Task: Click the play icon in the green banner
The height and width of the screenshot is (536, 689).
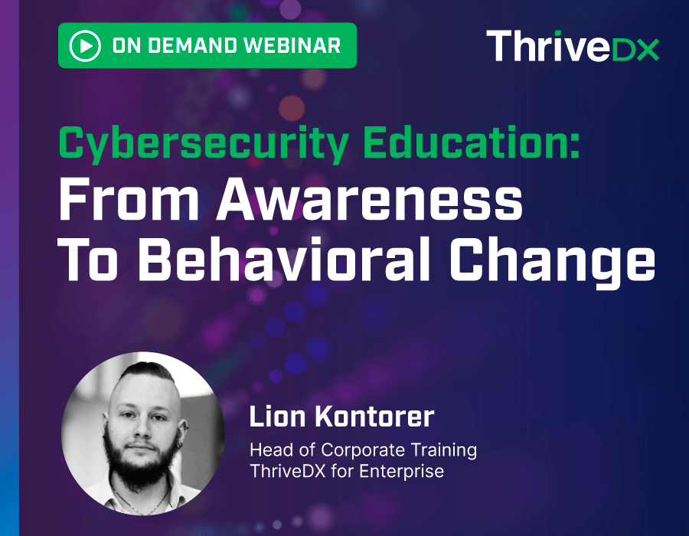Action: (85, 46)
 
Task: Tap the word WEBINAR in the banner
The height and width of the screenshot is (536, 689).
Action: (292, 46)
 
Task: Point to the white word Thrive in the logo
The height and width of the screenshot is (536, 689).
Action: (548, 46)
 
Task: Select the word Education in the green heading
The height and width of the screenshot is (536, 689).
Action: (467, 142)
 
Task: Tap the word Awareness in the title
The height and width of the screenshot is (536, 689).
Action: (370, 199)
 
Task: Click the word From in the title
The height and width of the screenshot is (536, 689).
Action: (129, 199)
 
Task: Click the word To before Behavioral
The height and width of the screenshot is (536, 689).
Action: (88, 260)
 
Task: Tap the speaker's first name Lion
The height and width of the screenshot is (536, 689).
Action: (277, 416)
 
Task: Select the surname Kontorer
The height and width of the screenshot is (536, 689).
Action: (374, 416)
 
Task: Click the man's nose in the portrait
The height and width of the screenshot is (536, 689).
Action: (142, 429)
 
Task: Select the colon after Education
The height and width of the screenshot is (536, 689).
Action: (575, 144)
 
